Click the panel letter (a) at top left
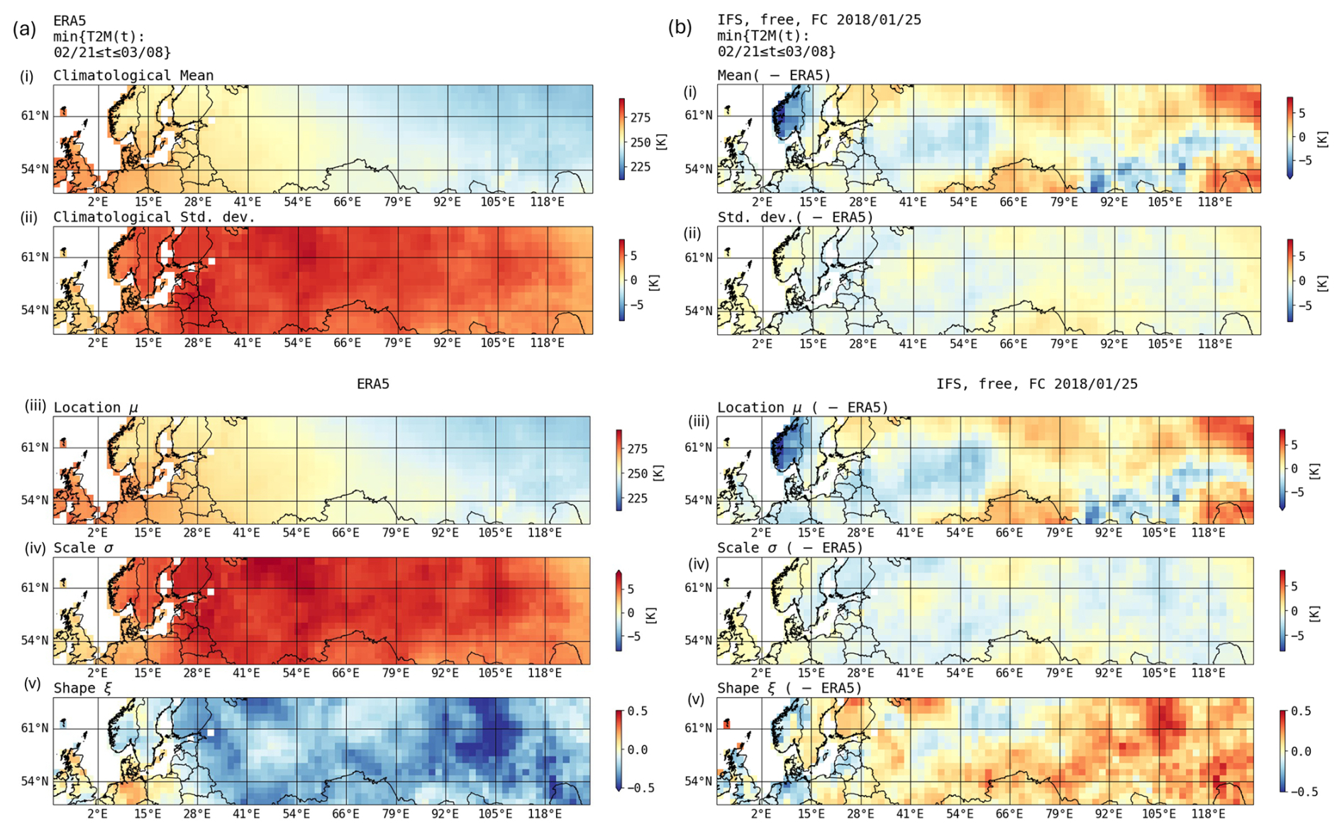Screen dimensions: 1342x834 [24, 29]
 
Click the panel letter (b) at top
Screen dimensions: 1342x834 [680, 28]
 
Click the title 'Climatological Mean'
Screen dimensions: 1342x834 [133, 75]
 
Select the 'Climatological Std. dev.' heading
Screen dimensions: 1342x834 [154, 217]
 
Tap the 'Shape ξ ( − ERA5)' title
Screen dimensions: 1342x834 [789, 688]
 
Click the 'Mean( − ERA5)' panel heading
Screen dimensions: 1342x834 [774, 75]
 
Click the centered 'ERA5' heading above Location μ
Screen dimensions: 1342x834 [373, 384]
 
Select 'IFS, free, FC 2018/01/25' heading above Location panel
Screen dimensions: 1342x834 [1037, 384]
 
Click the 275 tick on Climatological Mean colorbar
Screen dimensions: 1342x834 [640, 118]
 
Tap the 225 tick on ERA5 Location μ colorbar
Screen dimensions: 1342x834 [637, 498]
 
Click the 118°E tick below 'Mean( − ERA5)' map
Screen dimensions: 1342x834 [1215, 202]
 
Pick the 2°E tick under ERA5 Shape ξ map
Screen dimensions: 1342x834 [98, 813]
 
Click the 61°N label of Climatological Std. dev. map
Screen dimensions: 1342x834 [35, 257]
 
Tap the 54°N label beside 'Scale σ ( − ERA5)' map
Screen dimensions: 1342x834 [699, 640]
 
